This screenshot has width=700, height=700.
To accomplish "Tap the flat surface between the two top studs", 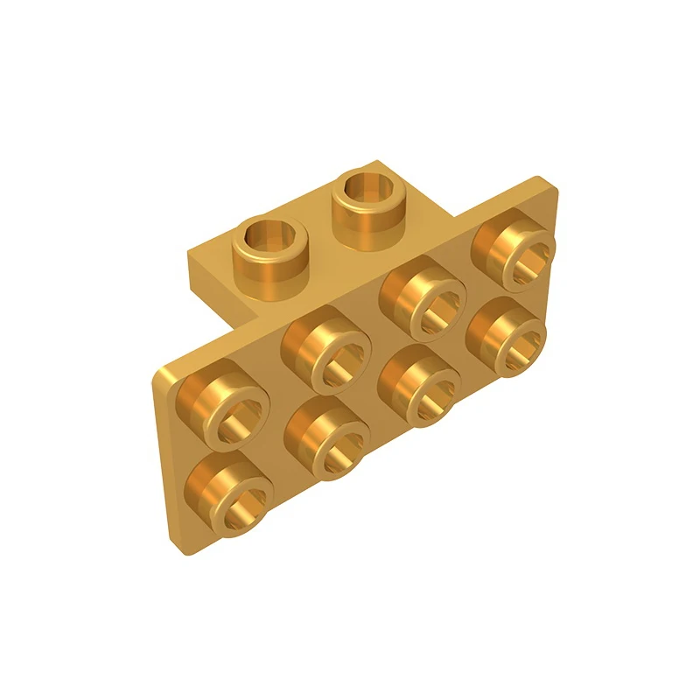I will [318, 229].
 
